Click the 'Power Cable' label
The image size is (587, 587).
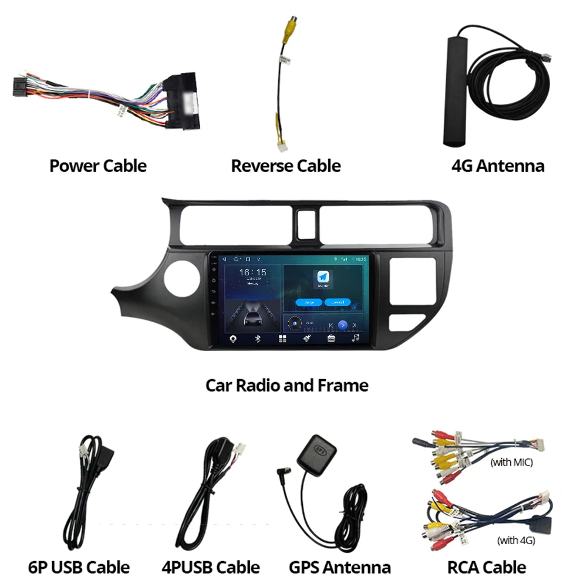(x=98, y=166)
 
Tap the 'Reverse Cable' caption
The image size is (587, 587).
(x=286, y=166)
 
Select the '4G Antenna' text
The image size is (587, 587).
(x=498, y=166)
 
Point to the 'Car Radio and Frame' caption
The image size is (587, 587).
(x=287, y=385)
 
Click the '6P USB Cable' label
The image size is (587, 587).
(x=79, y=567)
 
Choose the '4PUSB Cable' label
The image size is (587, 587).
(x=211, y=567)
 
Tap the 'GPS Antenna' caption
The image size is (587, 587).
(x=340, y=567)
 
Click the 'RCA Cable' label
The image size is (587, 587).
(x=487, y=567)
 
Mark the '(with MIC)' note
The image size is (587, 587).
(x=511, y=463)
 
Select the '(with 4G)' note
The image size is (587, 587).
(x=516, y=540)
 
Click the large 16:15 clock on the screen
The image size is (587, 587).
(x=252, y=273)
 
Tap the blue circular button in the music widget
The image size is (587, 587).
(x=343, y=325)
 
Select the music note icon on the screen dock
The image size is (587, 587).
(x=355, y=339)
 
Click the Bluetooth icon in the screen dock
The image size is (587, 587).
(x=258, y=339)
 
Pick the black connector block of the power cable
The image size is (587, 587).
(x=183, y=100)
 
